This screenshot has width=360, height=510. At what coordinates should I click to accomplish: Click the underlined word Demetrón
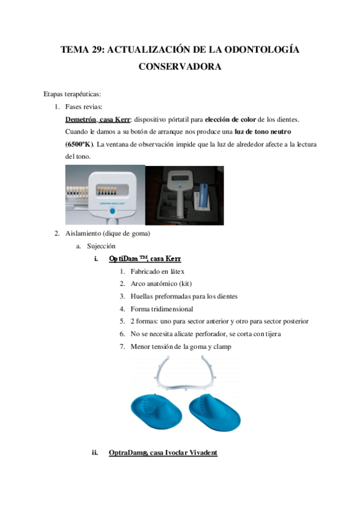79,120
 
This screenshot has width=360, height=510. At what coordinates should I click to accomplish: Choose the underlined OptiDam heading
145,259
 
